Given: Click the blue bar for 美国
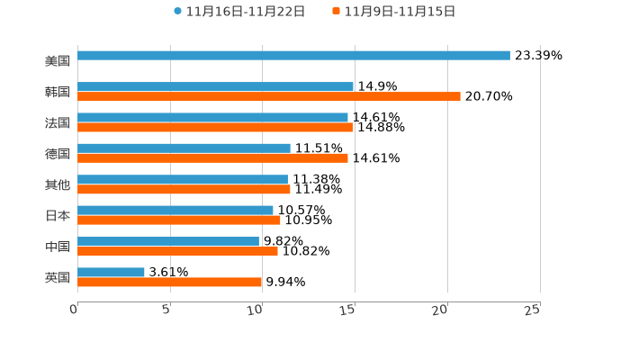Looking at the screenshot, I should tap(293, 55).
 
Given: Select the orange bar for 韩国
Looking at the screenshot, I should tap(269, 96).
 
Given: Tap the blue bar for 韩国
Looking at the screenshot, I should tap(215, 86).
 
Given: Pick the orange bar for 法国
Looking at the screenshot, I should tap(215, 127).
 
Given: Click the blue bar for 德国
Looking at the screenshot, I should tap(184, 148).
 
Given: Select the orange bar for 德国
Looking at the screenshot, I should tap(212, 157).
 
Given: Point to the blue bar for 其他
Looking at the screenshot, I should tap(183, 179).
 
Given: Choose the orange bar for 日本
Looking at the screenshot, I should tap(179, 220).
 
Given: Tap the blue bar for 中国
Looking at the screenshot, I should tap(168, 241).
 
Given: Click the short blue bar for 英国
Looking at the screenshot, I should tap(111, 272).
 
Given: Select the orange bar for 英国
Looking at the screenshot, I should tap(170, 282).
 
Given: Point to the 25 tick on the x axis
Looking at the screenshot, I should tap(533, 310).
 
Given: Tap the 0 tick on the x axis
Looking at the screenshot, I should tap(74, 310).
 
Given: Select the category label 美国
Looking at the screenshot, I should tap(58, 60).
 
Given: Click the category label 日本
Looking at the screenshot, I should tap(58, 215).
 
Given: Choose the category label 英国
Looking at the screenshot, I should tap(58, 277).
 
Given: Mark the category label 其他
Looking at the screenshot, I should tap(58, 184).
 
